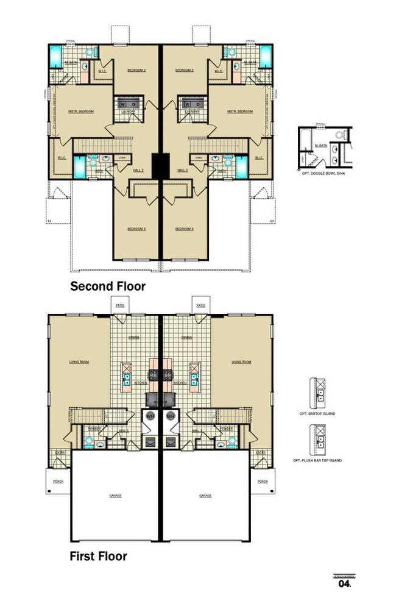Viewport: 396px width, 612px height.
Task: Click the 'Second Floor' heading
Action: pos(108,285)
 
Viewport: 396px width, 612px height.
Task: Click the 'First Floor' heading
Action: pos(98,556)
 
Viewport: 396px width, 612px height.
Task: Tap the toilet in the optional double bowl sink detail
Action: pos(338,133)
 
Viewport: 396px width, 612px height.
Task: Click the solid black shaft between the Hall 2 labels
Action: pos(161,165)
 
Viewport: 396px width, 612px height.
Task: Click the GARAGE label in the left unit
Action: pos(116,496)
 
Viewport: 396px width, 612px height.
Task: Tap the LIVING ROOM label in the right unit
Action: pos(241,362)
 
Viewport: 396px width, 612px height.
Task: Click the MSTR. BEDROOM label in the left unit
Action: pos(81,112)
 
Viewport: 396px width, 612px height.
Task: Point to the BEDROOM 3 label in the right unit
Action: pos(184,229)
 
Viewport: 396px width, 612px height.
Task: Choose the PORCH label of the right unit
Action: pos(263,481)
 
